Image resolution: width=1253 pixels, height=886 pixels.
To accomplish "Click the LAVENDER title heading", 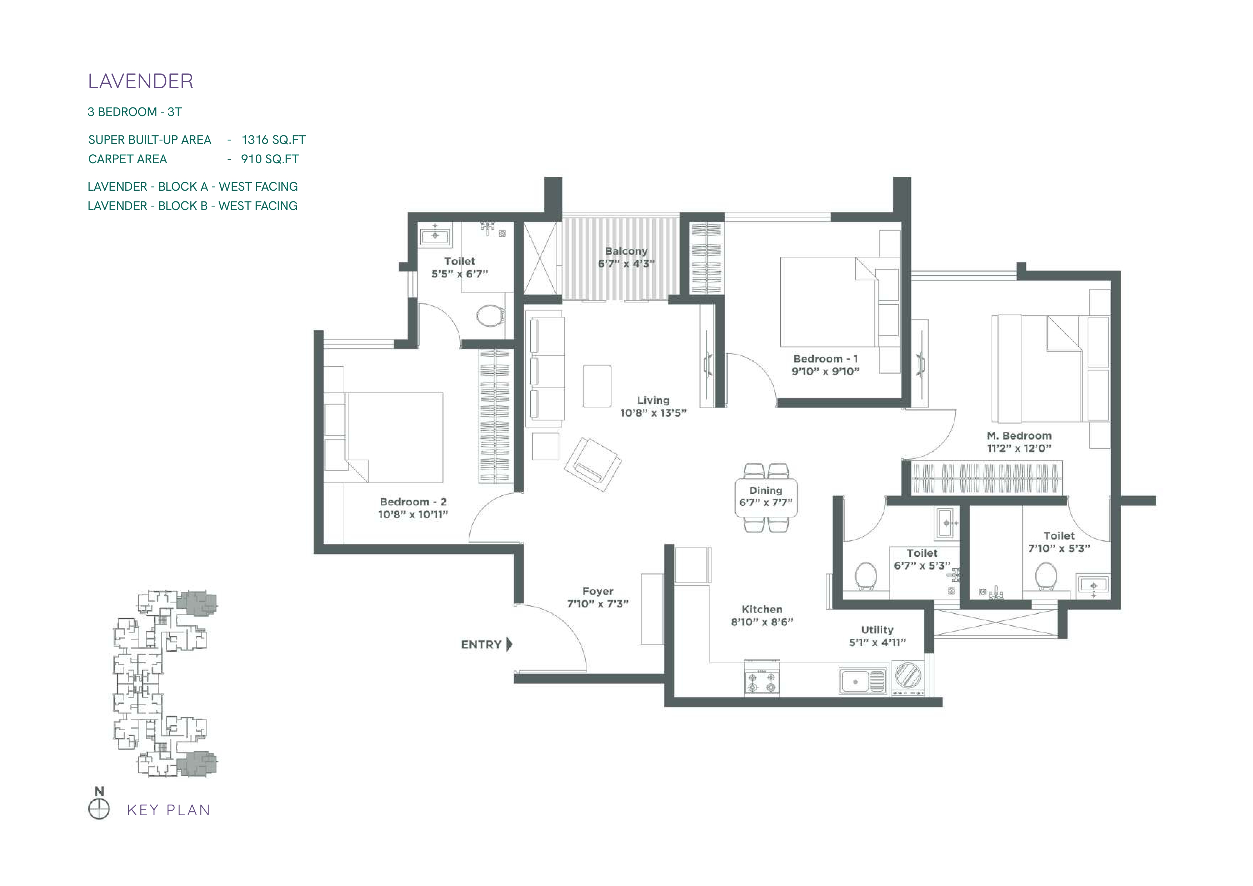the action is click(x=140, y=81).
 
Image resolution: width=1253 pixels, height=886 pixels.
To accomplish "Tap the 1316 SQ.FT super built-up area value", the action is click(x=273, y=140).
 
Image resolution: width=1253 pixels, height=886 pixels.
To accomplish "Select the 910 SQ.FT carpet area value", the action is click(x=270, y=159).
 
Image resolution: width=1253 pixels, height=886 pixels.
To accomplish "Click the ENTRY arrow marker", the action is click(x=510, y=644).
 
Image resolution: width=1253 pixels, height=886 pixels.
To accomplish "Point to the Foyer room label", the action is click(x=598, y=591).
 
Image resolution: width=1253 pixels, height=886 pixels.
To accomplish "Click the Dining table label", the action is click(x=766, y=490).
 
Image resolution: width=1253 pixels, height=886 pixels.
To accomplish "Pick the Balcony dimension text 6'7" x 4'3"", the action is click(x=626, y=264).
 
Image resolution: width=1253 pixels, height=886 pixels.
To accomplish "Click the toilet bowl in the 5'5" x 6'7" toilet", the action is click(x=490, y=315).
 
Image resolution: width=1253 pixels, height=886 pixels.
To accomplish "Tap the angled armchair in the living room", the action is click(x=593, y=464).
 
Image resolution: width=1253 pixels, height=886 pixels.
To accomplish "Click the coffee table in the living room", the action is click(x=597, y=386).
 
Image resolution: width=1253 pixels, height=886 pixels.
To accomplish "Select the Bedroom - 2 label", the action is click(x=413, y=502).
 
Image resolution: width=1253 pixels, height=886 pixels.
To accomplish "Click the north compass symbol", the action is click(x=99, y=809).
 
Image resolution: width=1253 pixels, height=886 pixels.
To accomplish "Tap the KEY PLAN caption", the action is click(x=169, y=810).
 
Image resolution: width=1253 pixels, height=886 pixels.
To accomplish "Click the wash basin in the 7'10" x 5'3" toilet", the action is click(x=1093, y=585).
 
